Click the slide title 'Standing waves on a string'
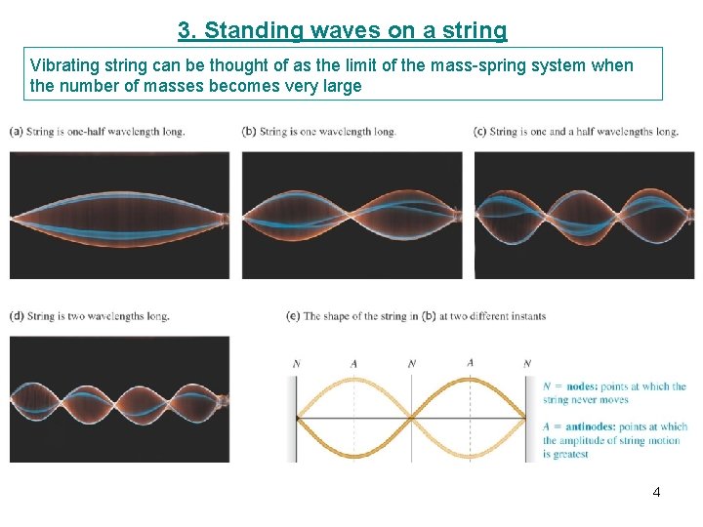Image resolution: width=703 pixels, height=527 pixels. click(343, 30)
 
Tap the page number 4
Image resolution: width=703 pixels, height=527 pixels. click(656, 492)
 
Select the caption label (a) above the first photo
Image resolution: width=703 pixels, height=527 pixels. click(17, 131)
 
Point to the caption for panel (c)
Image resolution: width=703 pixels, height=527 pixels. click(575, 131)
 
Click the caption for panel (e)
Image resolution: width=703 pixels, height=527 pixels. click(416, 316)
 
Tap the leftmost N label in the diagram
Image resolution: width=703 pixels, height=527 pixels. click(296, 364)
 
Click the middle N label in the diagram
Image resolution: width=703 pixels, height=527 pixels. click(412, 364)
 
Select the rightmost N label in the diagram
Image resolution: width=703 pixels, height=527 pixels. click(527, 364)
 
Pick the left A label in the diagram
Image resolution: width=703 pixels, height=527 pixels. click(353, 364)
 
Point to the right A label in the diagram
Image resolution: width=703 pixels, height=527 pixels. click(470, 363)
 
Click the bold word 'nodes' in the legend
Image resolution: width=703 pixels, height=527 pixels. click(574, 386)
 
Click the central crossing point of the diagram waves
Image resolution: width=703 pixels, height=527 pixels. click(412, 419)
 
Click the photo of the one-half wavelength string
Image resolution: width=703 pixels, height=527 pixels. click(119, 215)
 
